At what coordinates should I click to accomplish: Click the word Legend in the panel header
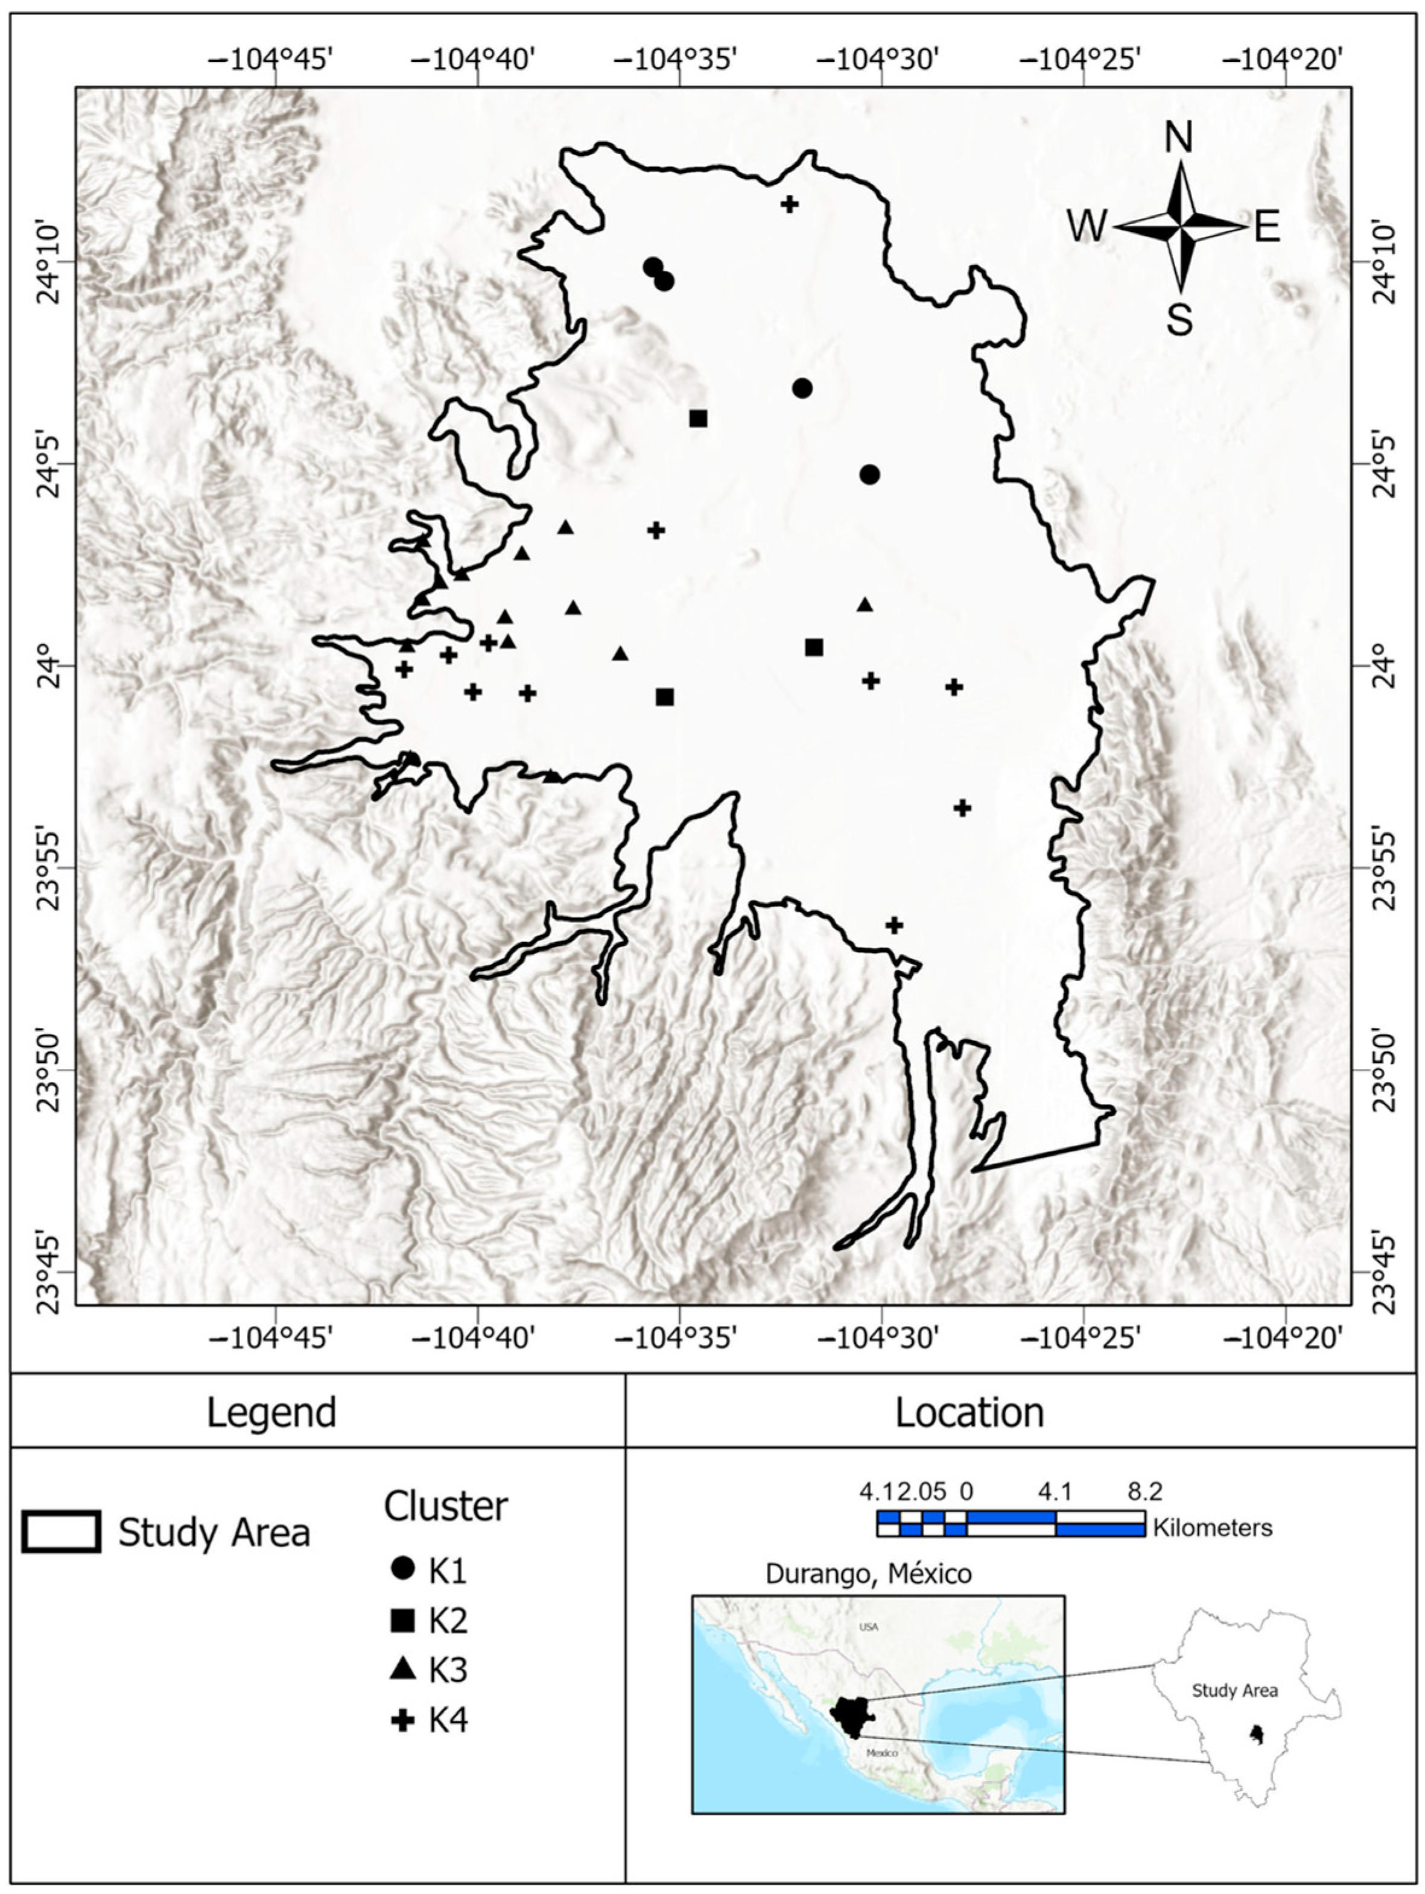tap(271, 1413)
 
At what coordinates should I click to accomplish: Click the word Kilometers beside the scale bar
tap(1212, 1527)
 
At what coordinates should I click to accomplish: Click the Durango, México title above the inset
tap(868, 1574)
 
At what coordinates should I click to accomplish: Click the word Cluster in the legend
tap(445, 1506)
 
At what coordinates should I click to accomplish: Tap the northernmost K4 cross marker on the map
tap(790, 204)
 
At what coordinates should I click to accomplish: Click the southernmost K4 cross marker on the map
tap(894, 925)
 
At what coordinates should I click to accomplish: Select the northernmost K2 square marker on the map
tap(698, 418)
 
